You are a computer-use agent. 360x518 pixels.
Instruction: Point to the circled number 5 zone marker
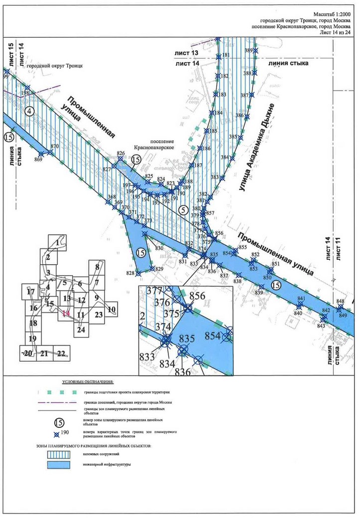(184, 210)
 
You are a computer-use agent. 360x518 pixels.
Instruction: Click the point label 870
(55, 146)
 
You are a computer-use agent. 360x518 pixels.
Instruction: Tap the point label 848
(340, 302)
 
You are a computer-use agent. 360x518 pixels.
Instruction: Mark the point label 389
(248, 51)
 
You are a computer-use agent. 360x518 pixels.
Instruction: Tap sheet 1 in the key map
(58, 242)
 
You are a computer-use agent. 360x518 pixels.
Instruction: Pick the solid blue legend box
(63, 465)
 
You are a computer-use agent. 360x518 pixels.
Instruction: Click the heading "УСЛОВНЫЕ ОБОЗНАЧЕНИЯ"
(87, 381)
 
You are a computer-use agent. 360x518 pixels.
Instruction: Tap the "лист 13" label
(186, 53)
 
